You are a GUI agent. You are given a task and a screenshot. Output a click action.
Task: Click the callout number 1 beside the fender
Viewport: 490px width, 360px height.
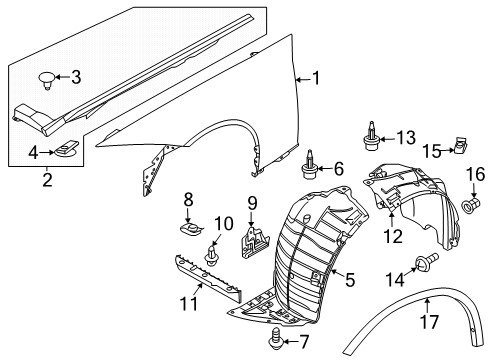pyautogui.click(x=317, y=77)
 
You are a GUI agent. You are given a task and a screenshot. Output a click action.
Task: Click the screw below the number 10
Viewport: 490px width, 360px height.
pyautogui.click(x=211, y=257)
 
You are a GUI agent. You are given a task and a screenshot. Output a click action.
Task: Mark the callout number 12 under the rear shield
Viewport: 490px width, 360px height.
pyautogui.click(x=391, y=236)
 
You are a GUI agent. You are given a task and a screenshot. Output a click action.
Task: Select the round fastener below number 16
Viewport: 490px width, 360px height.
pyautogui.click(x=469, y=206)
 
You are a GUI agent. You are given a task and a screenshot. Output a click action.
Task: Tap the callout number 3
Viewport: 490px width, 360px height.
pyautogui.click(x=74, y=77)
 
